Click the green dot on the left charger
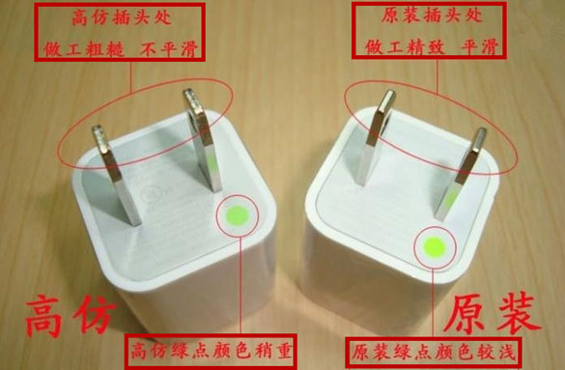tap(239, 213)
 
